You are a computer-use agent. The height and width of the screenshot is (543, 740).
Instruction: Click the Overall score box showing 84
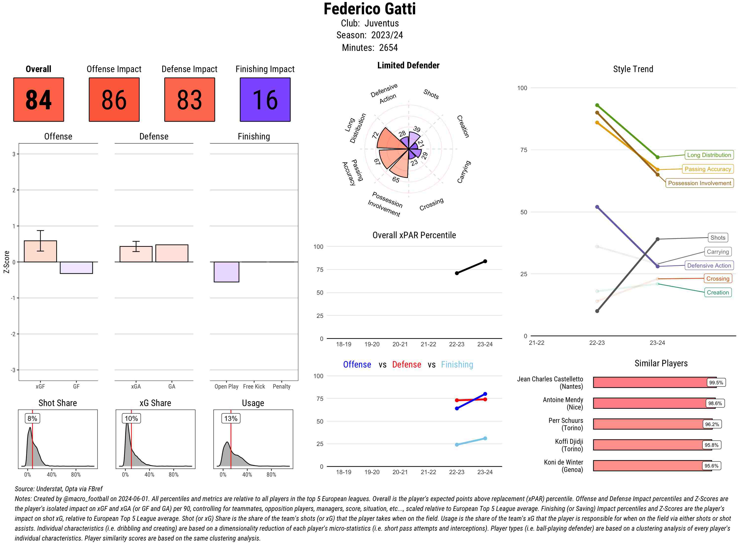[x=38, y=100]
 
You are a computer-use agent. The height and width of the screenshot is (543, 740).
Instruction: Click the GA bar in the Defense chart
[x=172, y=253]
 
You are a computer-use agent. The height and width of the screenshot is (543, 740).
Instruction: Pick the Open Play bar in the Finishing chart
[x=226, y=272]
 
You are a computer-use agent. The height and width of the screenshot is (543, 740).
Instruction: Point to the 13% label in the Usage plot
[x=231, y=418]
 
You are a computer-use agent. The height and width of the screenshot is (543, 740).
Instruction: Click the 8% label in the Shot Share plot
[x=32, y=418]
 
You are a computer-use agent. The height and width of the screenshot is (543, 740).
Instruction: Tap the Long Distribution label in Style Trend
[x=709, y=155]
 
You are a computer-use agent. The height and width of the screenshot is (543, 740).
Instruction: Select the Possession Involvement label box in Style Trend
[x=699, y=183]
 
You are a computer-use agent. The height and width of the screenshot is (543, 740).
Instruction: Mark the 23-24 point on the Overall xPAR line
[x=485, y=261]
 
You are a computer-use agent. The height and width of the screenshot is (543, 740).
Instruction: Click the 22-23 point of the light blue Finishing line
[x=457, y=445]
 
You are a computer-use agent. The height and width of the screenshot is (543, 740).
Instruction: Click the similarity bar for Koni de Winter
[x=652, y=466]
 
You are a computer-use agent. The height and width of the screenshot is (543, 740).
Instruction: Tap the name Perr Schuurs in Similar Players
[x=566, y=420]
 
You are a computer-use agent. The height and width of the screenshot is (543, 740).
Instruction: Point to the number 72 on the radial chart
[x=375, y=135]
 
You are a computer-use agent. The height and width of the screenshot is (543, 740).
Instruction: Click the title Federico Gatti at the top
[x=370, y=9]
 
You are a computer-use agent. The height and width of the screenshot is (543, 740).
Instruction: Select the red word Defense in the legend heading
[x=406, y=365]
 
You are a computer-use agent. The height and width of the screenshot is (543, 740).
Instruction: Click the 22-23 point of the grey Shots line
[x=597, y=311]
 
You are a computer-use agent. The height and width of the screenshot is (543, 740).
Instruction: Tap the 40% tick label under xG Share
[x=149, y=475]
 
